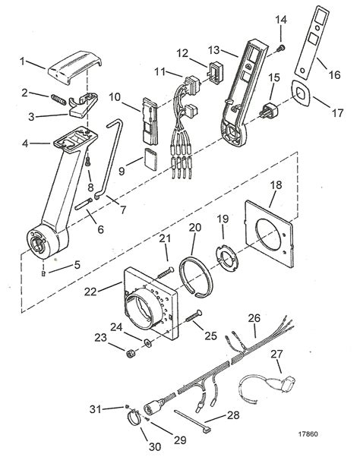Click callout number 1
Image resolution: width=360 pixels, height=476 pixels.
click(x=23, y=61)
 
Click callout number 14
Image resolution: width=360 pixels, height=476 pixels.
click(x=281, y=18)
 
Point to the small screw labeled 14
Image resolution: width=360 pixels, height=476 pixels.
click(x=279, y=49)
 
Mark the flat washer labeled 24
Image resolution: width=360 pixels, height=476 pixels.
click(x=148, y=343)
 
